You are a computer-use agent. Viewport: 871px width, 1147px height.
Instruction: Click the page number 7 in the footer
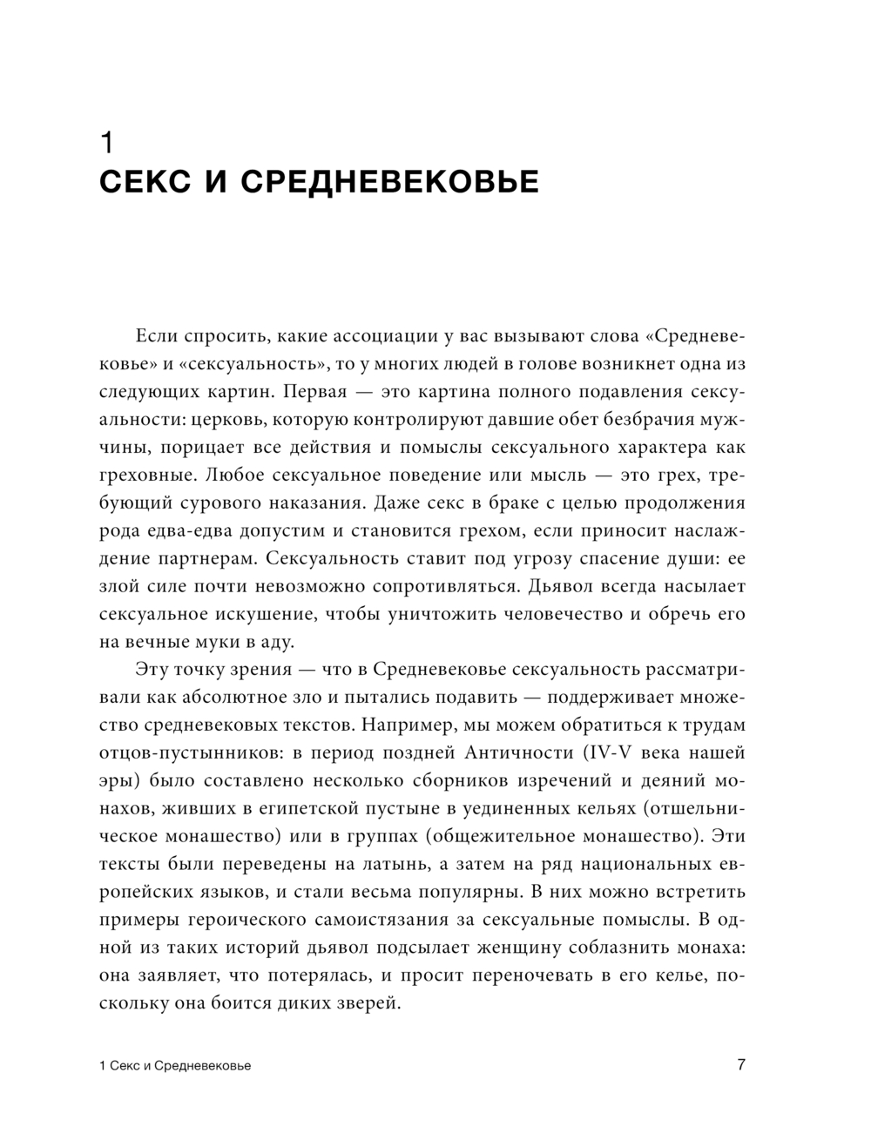(x=741, y=1065)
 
